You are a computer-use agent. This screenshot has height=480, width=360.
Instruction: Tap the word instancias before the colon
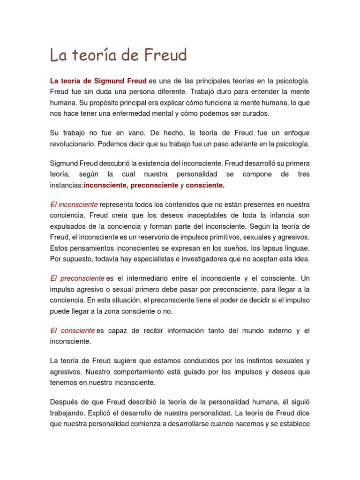(x=66, y=185)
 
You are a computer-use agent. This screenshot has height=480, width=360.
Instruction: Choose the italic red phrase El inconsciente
(x=74, y=204)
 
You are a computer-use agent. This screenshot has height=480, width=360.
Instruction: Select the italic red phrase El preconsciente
(x=77, y=278)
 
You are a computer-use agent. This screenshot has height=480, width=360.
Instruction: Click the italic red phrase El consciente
(x=73, y=330)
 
